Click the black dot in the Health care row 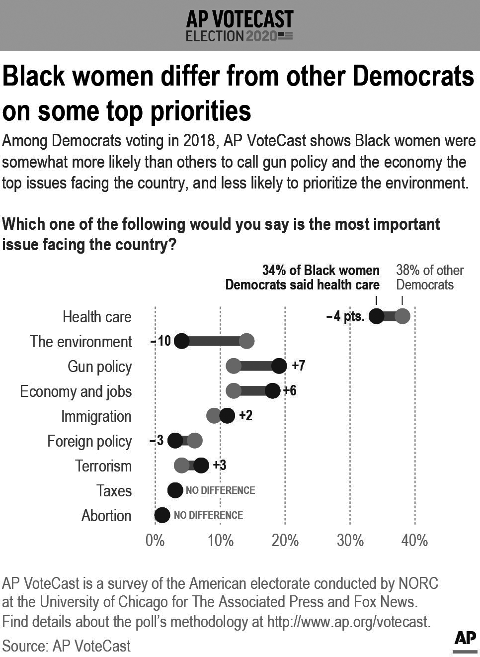tap(376, 316)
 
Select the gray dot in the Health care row tap(402, 316)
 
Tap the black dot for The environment tap(182, 341)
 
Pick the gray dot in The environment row tap(246, 341)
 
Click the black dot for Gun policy tap(279, 366)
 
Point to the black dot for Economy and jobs tap(272, 391)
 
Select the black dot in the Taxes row tap(175, 490)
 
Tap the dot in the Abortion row tap(162, 515)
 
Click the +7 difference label tap(298, 366)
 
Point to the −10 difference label tap(161, 341)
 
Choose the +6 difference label tap(290, 390)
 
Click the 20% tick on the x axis tap(285, 540)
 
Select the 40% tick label tap(414, 540)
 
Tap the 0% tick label tap(155, 540)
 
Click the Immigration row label tap(96, 416)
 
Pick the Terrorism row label tap(103, 466)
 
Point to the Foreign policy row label tap(89, 441)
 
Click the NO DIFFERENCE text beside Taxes tap(220, 490)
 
